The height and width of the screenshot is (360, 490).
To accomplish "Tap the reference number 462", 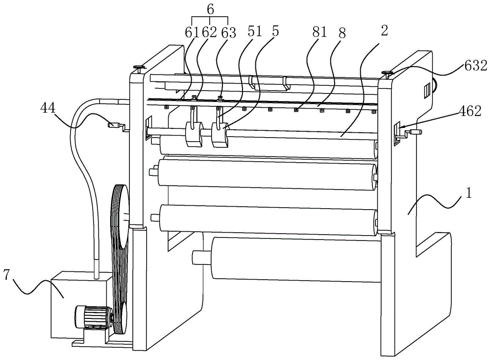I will [x=470, y=112].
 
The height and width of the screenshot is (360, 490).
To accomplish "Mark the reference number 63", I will [x=229, y=33].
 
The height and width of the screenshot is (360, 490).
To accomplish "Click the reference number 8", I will [x=342, y=33].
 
